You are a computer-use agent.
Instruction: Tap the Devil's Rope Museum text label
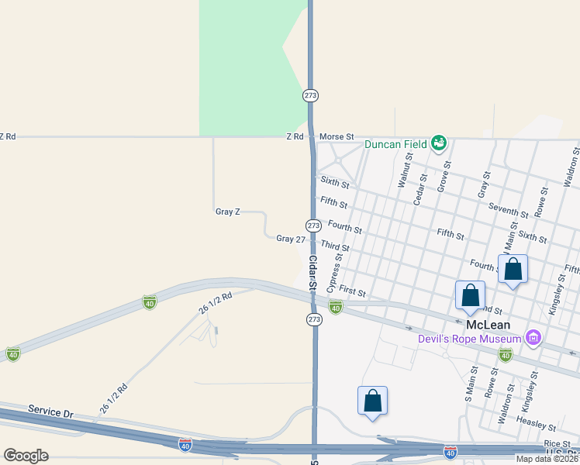[469, 339]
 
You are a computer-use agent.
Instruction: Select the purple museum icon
[532, 338]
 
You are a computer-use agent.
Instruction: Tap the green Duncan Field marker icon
[439, 143]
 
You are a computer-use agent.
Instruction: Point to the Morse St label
[337, 136]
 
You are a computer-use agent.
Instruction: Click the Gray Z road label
[228, 212]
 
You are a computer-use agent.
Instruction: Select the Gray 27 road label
[291, 239]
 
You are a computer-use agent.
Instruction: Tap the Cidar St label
[312, 273]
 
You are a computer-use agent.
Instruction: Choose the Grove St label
[443, 176]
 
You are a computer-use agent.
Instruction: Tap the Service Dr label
[50, 410]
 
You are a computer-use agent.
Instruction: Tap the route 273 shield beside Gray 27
[312, 226]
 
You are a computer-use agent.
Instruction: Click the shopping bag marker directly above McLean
[470, 296]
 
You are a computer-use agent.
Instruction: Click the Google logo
[26, 456]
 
